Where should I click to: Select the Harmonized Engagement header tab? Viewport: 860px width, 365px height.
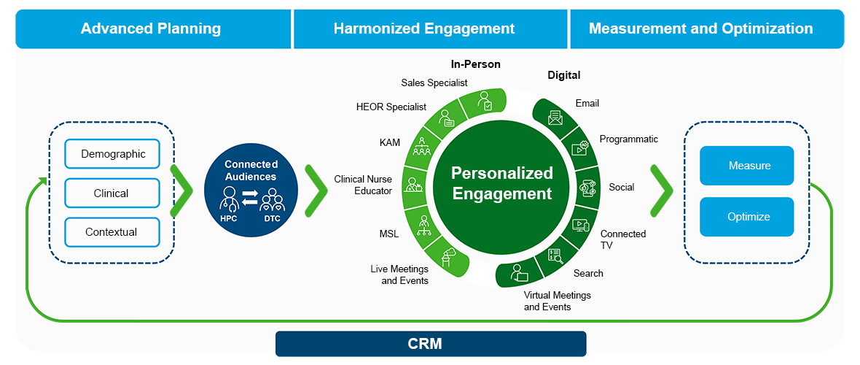(431, 28)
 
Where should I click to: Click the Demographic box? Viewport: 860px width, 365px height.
(112, 154)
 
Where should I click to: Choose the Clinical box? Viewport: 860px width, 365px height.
(112, 193)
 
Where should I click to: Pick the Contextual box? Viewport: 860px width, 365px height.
(112, 232)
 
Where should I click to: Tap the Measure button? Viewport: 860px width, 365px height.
(746, 165)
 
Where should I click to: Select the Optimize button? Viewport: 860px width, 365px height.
(746, 217)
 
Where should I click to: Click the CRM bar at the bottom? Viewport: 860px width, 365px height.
(431, 344)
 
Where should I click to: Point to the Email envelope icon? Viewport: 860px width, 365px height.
(555, 117)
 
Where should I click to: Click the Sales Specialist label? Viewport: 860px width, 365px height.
(434, 83)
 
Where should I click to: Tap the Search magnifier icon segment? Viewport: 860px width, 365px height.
(555, 257)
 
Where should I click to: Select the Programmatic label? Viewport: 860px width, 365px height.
(628, 139)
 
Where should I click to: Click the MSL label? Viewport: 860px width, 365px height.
(389, 234)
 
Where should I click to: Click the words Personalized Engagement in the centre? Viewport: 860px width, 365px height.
(502, 183)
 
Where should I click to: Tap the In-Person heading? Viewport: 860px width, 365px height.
(475, 64)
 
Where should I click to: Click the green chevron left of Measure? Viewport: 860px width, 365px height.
(662, 190)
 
